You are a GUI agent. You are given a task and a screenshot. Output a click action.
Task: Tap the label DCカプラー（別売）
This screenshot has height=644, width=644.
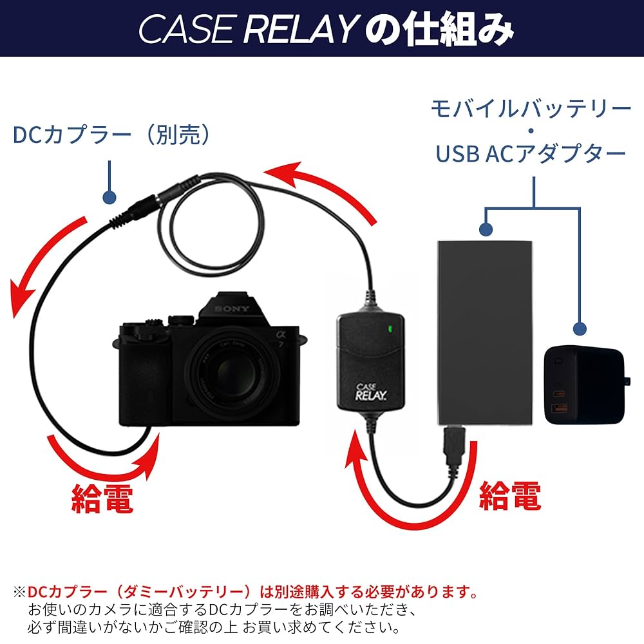tap(111, 135)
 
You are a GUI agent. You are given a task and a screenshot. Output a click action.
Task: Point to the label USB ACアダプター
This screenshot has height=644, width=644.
tap(531, 153)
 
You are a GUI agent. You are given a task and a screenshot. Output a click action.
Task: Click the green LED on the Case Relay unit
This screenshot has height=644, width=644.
tap(390, 331)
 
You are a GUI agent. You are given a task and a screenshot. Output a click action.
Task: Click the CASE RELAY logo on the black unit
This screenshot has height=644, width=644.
tap(370, 391)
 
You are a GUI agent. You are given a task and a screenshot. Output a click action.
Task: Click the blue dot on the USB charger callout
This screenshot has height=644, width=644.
tap(580, 329)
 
